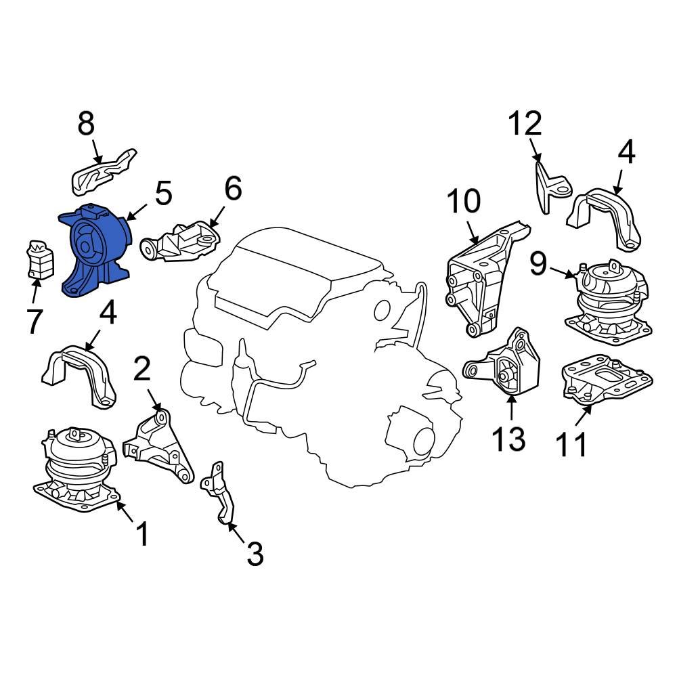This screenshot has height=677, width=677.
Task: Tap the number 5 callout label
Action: click(163, 194)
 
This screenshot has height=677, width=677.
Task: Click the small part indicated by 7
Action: click(39, 261)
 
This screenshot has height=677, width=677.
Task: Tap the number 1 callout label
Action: click(142, 534)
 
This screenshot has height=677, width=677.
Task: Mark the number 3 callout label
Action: click(254, 554)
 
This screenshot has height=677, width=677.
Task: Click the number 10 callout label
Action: click(464, 202)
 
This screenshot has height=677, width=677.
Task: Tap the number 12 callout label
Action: click(525, 124)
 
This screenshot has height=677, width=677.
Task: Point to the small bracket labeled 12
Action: click(550, 185)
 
